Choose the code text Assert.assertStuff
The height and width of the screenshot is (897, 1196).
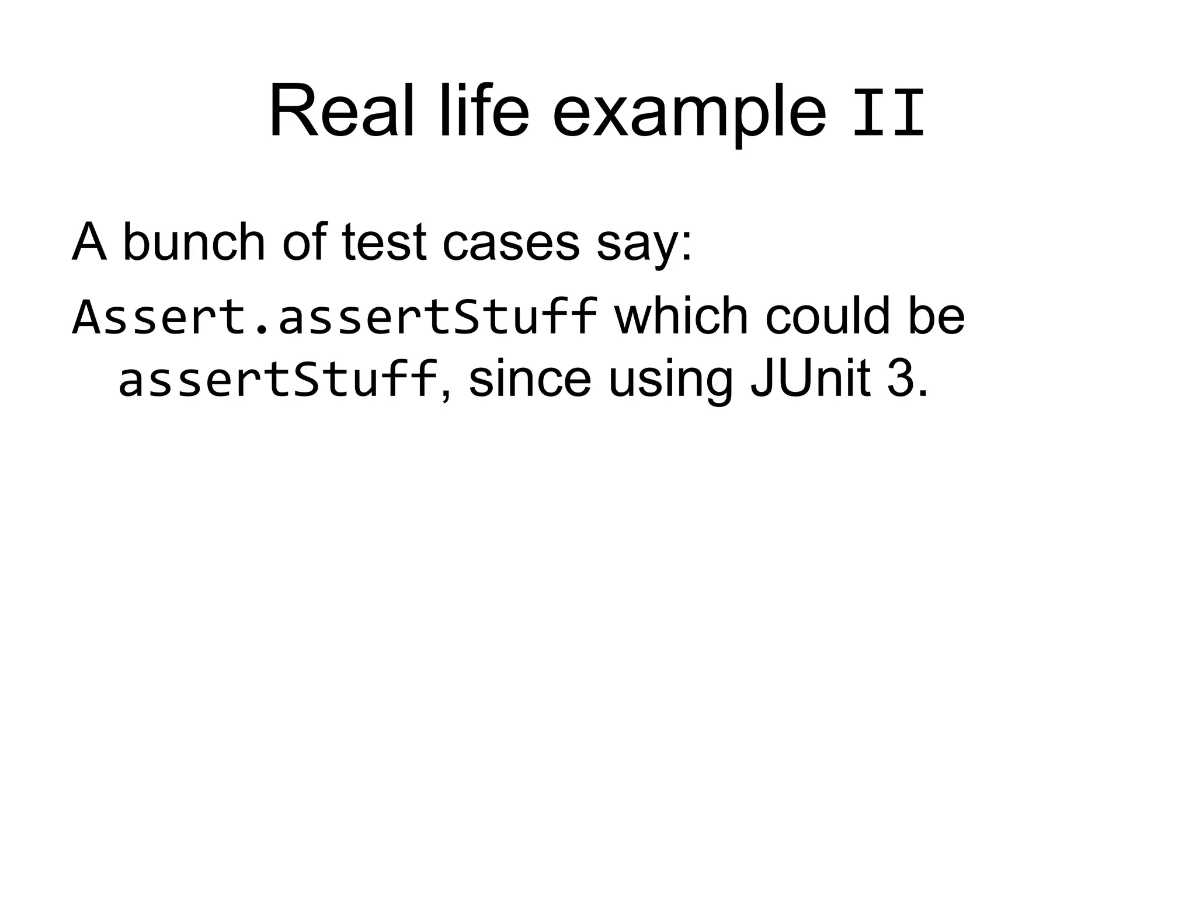click(x=334, y=317)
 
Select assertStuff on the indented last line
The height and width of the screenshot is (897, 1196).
click(x=278, y=380)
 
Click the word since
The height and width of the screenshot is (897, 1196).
click(x=529, y=380)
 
